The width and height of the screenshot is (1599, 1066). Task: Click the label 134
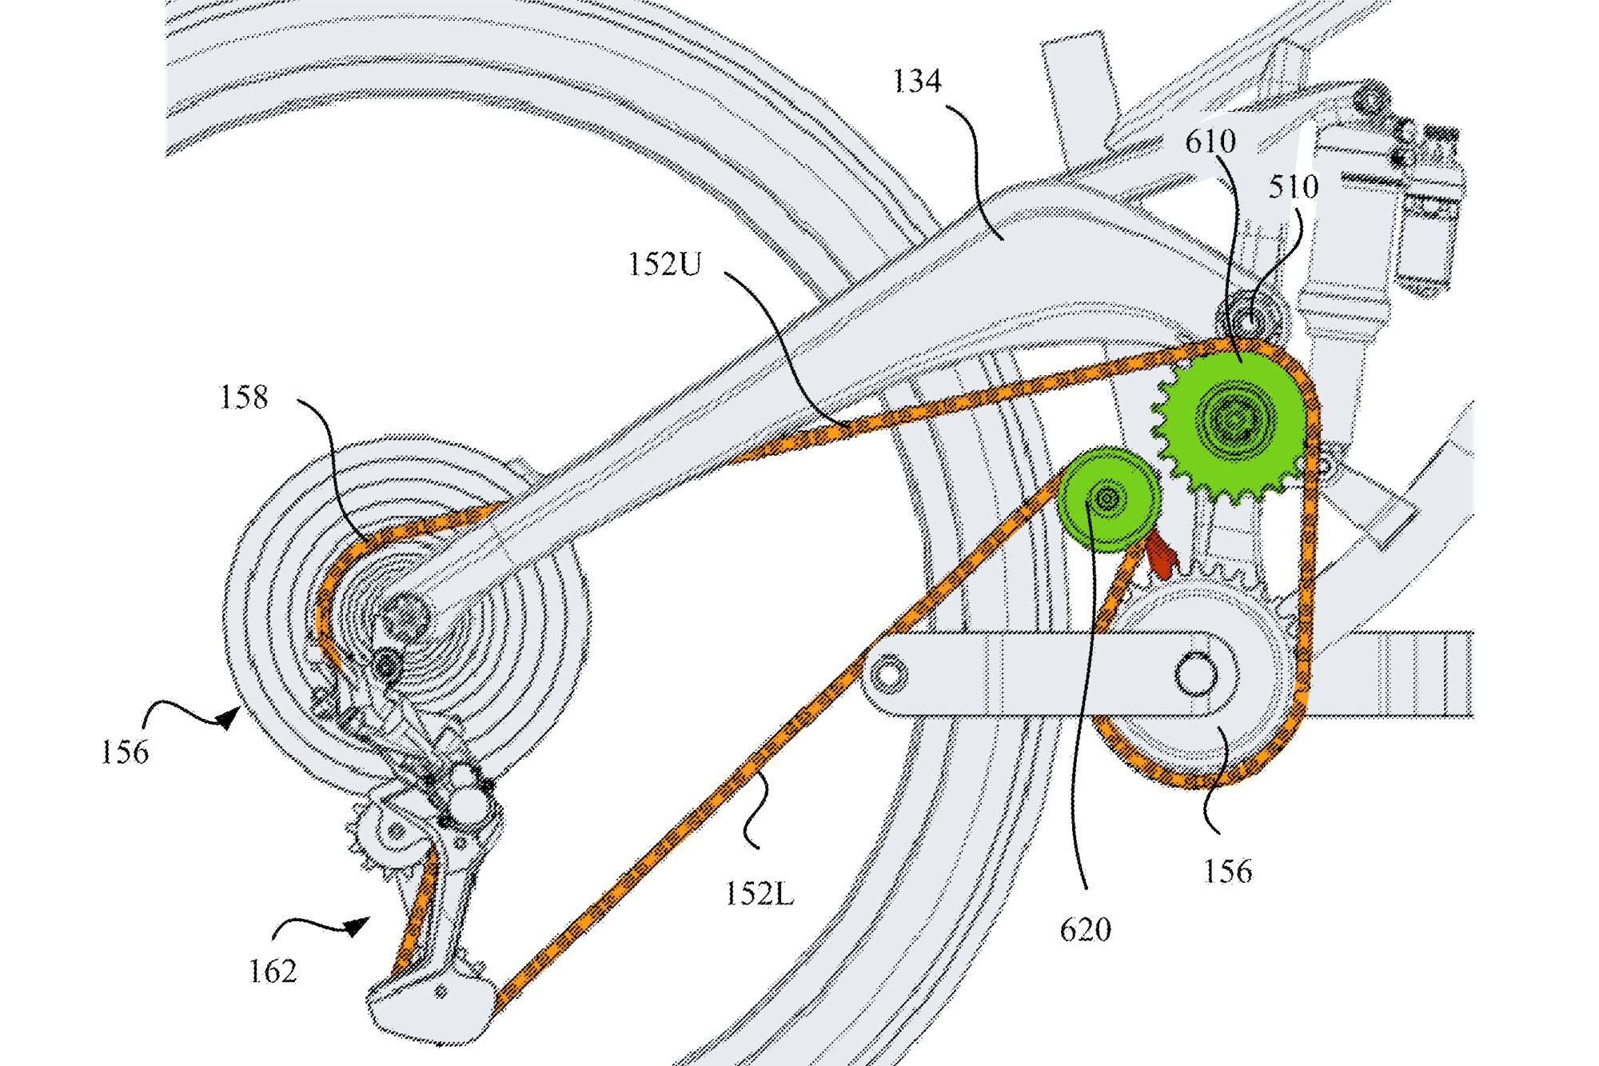[916, 82]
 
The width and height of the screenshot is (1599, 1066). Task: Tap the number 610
[1210, 142]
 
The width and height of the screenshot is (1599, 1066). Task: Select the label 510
[1293, 188]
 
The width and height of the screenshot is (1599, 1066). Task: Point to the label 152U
[664, 265]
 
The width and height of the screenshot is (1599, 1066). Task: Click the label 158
[244, 397]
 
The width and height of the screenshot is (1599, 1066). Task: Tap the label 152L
[760, 894]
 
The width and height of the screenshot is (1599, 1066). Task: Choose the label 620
[1085, 930]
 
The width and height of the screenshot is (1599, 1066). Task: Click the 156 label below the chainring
[1227, 872]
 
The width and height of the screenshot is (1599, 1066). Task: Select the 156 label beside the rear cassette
[125, 753]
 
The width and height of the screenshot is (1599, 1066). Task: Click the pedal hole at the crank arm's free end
[888, 673]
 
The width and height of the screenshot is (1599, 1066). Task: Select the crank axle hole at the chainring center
[1196, 673]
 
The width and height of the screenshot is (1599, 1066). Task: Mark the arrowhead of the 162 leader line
[358, 925]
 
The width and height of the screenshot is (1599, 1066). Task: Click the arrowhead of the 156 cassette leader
[229, 717]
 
